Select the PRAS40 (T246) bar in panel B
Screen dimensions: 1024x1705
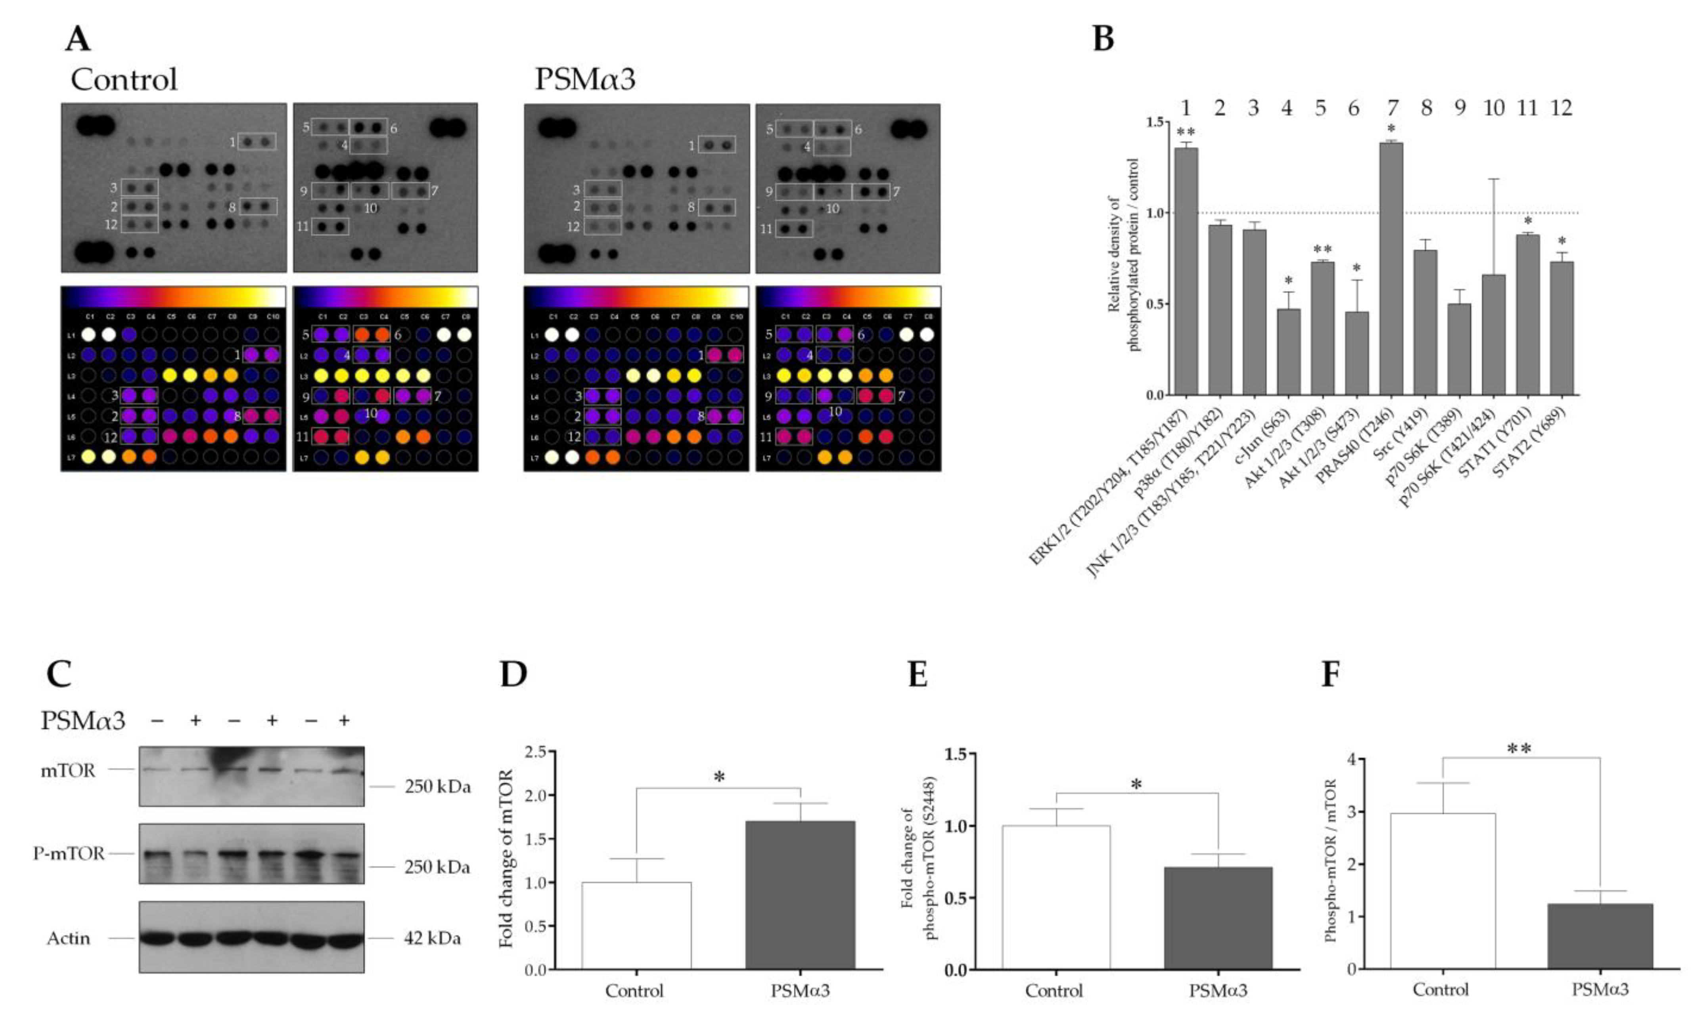(x=1392, y=269)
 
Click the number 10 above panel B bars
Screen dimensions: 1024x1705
(x=1493, y=108)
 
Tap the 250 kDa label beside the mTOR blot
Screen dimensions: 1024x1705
(x=437, y=786)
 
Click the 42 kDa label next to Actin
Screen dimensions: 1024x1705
(x=432, y=938)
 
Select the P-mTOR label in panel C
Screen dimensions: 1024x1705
(x=69, y=854)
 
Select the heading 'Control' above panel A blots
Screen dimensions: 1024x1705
(x=124, y=79)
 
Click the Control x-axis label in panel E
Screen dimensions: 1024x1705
(x=1054, y=991)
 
